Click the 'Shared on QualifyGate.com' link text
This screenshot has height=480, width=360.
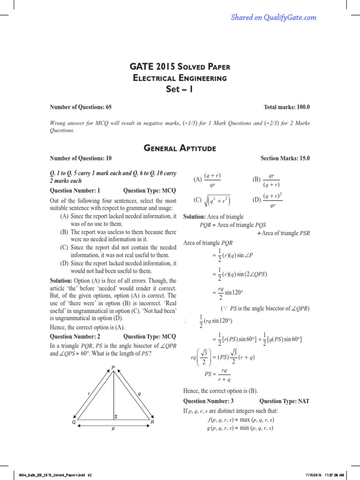pyautogui.click(x=273, y=18)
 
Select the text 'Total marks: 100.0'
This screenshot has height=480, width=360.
pyautogui.click(x=287, y=107)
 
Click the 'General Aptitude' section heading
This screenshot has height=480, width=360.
pyautogui.click(x=180, y=148)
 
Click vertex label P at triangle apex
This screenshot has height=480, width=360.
pyautogui.click(x=113, y=367)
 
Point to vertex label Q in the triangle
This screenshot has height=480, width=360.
pyautogui.click(x=74, y=422)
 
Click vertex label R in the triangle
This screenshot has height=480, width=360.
pyautogui.click(x=152, y=422)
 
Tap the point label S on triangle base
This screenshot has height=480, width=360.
pyautogui.click(x=116, y=416)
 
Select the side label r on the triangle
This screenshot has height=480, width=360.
pyautogui.click(x=89, y=394)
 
